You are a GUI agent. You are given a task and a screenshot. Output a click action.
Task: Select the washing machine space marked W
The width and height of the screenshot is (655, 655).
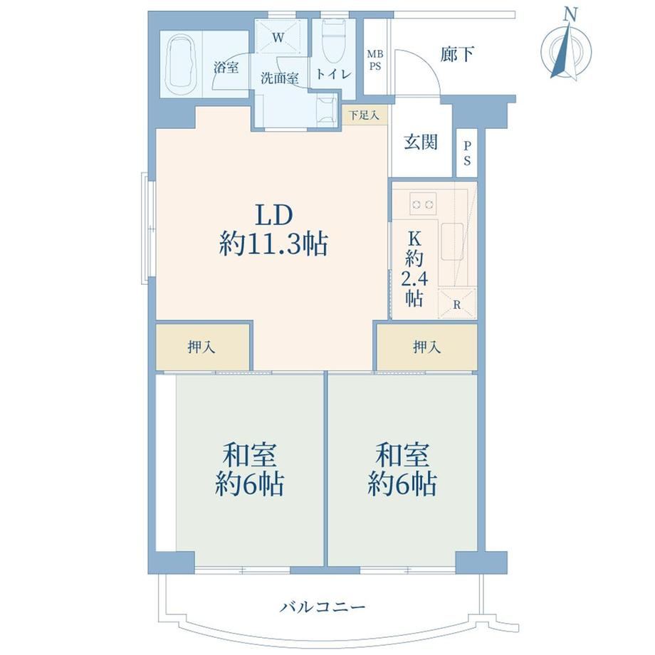pos(278,36)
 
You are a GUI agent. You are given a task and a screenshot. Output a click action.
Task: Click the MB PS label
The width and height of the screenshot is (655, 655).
pos(374,61)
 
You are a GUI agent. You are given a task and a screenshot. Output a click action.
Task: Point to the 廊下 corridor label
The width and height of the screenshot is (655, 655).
pos(457,54)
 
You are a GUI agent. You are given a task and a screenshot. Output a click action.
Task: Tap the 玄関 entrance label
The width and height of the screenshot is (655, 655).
pos(420,142)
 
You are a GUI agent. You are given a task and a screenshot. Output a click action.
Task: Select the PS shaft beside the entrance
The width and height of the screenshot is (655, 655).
pos(466,153)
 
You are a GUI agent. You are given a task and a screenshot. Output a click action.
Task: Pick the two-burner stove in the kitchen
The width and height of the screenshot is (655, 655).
pos(423,204)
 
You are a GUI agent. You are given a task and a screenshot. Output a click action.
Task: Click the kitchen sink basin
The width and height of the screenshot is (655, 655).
pos(452,241)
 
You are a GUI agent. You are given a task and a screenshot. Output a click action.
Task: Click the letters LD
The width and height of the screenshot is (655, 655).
pos(274,215)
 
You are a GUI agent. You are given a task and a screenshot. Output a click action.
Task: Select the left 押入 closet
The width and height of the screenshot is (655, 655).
pos(203,347)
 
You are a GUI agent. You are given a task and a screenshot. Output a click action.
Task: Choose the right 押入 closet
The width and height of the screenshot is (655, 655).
pos(427,347)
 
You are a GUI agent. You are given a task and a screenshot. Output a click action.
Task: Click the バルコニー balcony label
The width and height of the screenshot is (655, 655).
pos(322,607)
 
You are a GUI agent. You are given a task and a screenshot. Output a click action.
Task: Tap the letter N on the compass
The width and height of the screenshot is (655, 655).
pos(570,16)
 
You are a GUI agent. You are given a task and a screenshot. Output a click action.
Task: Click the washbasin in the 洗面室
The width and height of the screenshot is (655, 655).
pos(327,110)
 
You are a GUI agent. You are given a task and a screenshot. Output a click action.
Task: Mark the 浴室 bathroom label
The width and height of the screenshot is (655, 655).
pos(226,67)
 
